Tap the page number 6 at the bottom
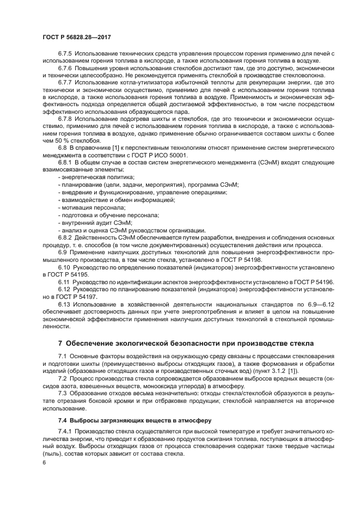click(44, 462)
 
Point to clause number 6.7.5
click(66, 53)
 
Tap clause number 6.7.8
click(66, 118)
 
